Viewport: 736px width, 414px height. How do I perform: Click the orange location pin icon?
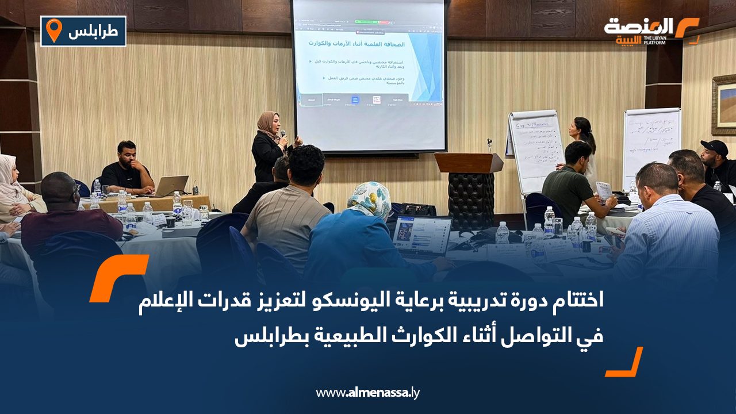click(x=53, y=30)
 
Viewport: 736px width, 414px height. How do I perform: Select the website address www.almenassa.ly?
click(x=368, y=393)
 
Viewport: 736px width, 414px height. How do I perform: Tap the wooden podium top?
click(x=469, y=163)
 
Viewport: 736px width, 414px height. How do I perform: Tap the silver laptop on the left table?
click(x=171, y=186)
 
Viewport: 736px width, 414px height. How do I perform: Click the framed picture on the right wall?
click(x=724, y=104)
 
